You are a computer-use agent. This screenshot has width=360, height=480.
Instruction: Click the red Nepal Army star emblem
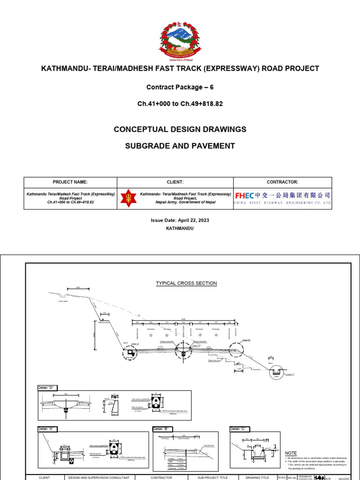pos(127,198)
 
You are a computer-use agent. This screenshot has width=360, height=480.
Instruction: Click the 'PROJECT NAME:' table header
pos(70,182)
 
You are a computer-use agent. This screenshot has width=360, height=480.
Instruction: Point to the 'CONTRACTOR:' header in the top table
pos(282,182)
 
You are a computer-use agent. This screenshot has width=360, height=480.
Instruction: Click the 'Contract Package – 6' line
pos(180,87)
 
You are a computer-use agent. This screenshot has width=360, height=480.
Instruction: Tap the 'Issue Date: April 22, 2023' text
pos(180,220)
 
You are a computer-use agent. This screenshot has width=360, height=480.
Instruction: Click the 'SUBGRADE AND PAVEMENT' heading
pos(180,146)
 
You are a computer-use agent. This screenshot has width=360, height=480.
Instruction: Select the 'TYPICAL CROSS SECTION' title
pos(186,283)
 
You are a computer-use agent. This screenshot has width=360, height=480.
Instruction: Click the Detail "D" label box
pos(47,388)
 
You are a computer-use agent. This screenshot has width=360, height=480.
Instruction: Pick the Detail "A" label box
pos(47,429)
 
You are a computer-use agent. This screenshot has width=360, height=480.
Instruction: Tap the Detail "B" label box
pos(162,429)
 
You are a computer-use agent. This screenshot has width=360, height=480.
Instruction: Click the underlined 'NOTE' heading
pos(291,453)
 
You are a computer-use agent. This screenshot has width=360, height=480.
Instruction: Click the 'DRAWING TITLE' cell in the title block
pos(257,477)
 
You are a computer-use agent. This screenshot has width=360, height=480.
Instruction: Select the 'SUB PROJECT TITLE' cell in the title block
pos(211,477)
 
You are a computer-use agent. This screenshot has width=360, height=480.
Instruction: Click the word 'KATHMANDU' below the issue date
pos(180,228)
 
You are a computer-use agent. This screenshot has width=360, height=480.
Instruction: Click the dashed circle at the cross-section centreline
pos(183,353)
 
